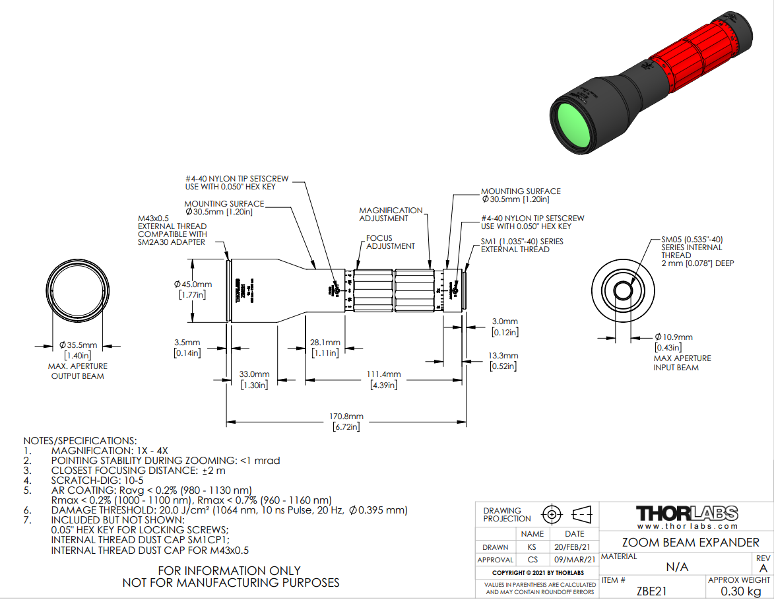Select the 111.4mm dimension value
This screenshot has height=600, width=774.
coord(384,374)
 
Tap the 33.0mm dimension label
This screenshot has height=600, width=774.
coord(254,374)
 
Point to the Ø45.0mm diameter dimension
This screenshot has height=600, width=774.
coord(193,284)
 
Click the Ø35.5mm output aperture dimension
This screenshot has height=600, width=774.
coord(78,345)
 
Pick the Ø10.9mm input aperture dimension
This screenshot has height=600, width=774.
coord(674,337)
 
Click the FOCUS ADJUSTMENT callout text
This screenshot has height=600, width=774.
coord(391,242)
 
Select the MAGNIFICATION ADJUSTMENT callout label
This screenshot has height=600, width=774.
coord(391,214)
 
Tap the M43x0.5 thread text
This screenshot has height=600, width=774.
coord(154,218)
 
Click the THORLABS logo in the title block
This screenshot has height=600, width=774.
coord(687,514)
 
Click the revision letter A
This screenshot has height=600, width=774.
coord(763,568)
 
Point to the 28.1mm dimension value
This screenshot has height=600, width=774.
coord(325,343)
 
